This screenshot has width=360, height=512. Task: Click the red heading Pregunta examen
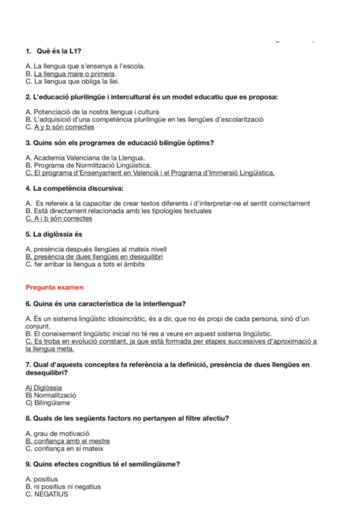point(54,287)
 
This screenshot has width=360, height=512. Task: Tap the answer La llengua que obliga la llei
point(72,80)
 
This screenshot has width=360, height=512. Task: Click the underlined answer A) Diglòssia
point(43,388)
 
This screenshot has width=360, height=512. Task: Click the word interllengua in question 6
point(162,303)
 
